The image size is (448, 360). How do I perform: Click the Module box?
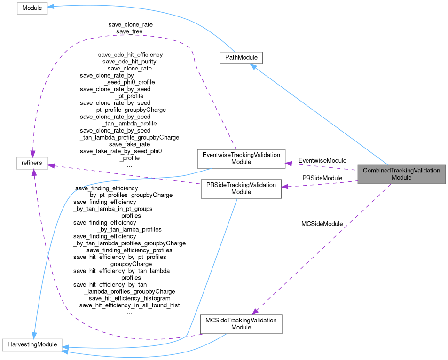(x=32, y=8)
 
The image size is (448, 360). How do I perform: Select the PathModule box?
(x=241, y=58)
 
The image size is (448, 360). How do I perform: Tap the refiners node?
(x=31, y=163)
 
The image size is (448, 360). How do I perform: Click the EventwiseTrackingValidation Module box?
(x=241, y=158)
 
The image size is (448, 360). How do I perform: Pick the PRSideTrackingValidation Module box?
(x=241, y=188)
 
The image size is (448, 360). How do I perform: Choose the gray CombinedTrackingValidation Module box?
(x=401, y=174)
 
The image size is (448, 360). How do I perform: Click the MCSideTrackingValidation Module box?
(x=241, y=324)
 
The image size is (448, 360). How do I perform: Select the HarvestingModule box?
(x=32, y=344)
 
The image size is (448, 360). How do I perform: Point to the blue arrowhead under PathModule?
(x=253, y=67)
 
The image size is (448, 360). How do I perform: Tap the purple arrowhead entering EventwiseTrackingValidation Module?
(x=289, y=163)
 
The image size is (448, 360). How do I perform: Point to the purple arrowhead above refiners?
(x=32, y=154)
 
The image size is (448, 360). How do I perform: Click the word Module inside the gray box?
(x=401, y=178)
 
